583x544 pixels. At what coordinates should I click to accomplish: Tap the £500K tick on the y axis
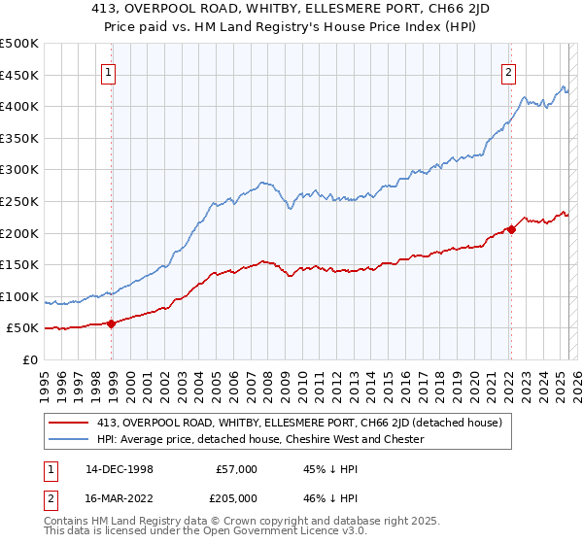19,44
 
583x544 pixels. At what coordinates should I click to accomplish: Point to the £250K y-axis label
19,202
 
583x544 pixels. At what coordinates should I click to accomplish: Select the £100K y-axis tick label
19,296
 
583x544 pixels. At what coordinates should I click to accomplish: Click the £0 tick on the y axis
30,359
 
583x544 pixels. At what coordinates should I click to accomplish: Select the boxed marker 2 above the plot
508,71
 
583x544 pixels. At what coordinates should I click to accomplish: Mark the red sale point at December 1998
112,323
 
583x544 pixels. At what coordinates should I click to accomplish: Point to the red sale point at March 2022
511,230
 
